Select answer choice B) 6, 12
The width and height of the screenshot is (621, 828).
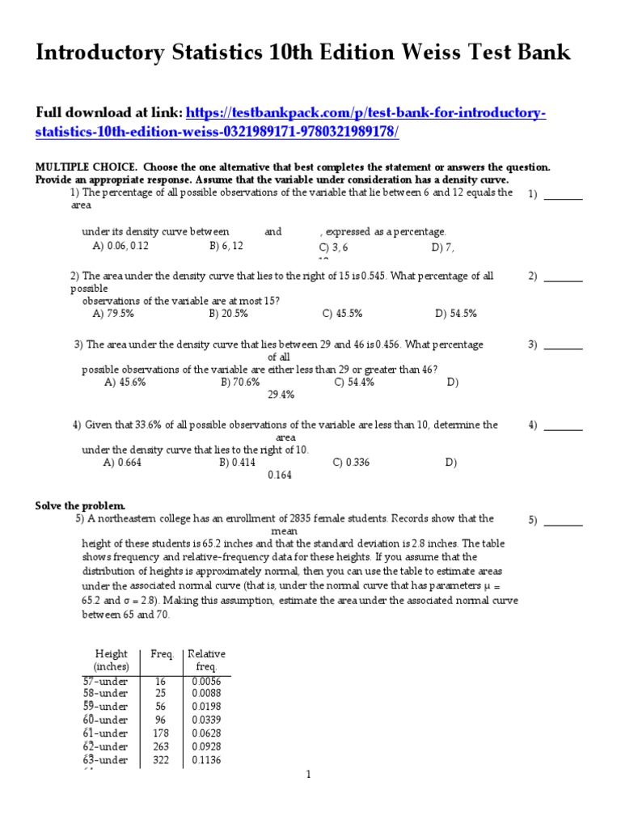[x=226, y=245]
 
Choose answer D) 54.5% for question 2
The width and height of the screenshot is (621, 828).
[x=456, y=313]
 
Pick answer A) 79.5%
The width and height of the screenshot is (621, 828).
[x=114, y=313]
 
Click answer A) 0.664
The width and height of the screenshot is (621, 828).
[x=122, y=463]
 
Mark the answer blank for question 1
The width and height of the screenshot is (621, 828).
[x=566, y=195]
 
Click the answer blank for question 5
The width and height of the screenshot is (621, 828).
[x=566, y=522]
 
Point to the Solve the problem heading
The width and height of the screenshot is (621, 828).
[x=80, y=505]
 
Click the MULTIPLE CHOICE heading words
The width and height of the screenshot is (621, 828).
[x=78, y=167]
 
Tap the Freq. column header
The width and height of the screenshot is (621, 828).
[x=151, y=653]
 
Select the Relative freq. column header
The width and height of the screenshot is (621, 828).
[x=206, y=660]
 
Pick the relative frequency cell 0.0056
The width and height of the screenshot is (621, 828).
[x=206, y=682]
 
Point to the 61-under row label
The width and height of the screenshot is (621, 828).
[x=106, y=733]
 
